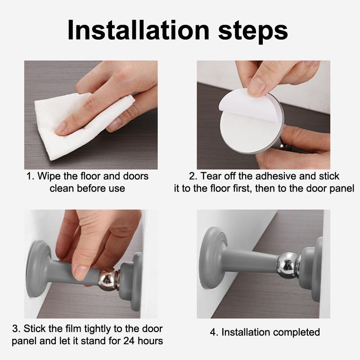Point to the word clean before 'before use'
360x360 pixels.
[x=62, y=188]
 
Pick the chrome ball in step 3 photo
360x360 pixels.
[x=107, y=278]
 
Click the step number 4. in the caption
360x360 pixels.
[x=214, y=333]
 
